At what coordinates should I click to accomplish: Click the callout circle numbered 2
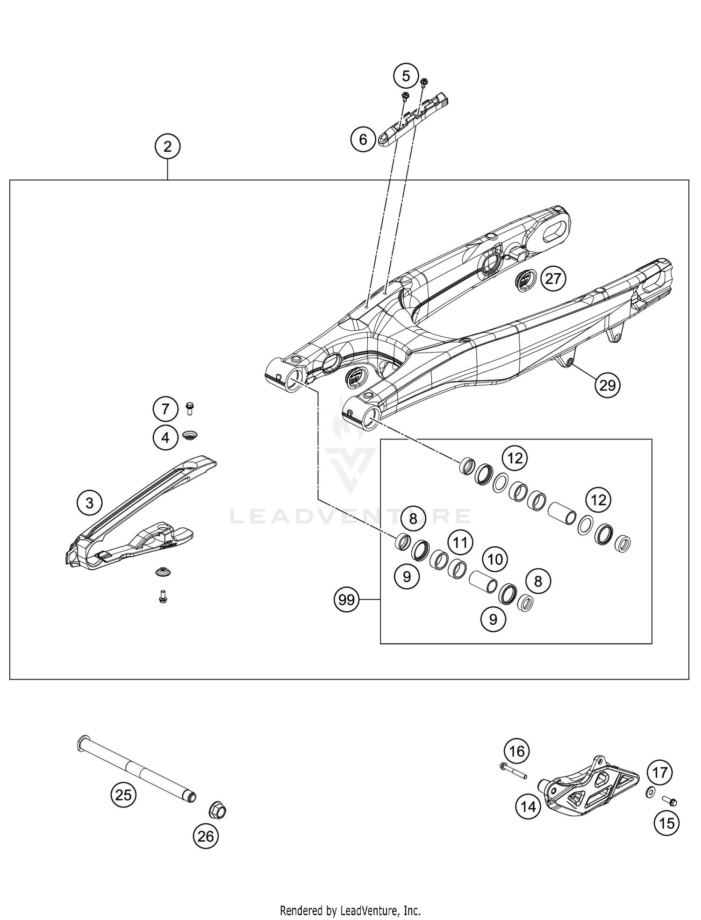[167, 147]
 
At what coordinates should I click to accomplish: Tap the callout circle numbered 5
[405, 76]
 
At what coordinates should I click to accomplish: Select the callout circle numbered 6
[364, 139]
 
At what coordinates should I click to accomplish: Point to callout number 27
[553, 279]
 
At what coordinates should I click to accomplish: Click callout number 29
[607, 385]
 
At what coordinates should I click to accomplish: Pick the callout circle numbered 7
[165, 410]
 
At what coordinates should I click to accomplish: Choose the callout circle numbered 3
[89, 503]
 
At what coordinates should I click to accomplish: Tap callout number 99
[346, 599]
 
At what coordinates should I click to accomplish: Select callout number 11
[460, 543]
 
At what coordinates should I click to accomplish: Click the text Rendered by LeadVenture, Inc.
[350, 910]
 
